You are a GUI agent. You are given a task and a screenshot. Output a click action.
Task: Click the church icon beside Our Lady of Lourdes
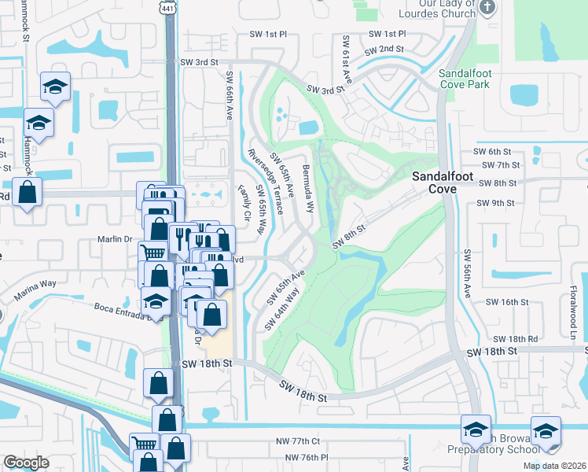[x=487, y=9]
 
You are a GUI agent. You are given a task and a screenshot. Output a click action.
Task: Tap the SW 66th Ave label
[x=230, y=95]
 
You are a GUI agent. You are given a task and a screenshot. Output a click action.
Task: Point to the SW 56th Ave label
[x=465, y=274]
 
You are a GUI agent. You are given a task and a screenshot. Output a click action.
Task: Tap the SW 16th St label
[x=505, y=301]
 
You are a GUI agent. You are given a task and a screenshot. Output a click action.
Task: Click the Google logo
[x=26, y=462]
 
